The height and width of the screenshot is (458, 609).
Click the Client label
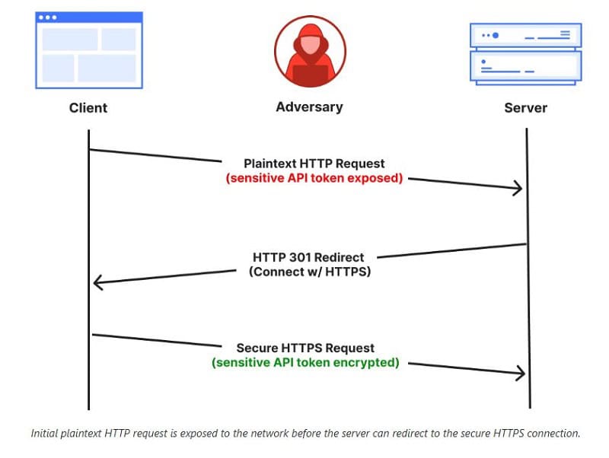click(x=88, y=107)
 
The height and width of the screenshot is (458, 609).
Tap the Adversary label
click(x=310, y=107)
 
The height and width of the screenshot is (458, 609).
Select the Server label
click(x=526, y=107)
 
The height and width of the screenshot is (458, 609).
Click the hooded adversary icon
click(x=311, y=52)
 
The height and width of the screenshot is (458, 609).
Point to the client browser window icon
click(x=89, y=50)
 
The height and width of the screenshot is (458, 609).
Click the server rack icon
click(x=526, y=54)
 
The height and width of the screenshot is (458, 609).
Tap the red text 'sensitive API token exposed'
click(x=314, y=178)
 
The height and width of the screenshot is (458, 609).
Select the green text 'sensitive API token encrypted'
click(x=306, y=362)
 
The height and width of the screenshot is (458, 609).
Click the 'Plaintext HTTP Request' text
click(x=314, y=164)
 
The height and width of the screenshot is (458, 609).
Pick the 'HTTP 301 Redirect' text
click(x=308, y=257)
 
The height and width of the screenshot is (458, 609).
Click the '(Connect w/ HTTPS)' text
click(x=310, y=272)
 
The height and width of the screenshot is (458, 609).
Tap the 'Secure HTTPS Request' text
click(x=306, y=348)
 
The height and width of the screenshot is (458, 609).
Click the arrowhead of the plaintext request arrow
click(x=521, y=189)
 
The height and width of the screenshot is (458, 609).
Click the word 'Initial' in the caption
click(x=44, y=433)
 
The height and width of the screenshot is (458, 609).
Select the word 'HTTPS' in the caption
click(x=509, y=433)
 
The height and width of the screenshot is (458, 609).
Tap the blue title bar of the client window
click(x=89, y=17)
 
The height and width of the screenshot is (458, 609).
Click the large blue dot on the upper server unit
click(x=496, y=35)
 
